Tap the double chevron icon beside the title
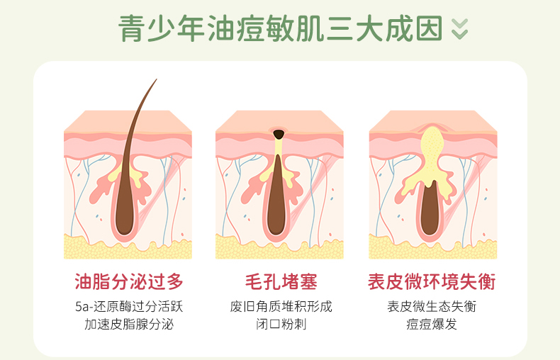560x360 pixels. (x=460, y=28)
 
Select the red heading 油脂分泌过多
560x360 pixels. (x=128, y=281)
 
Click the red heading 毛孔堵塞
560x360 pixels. (x=280, y=281)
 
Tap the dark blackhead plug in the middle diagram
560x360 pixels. (x=279, y=133)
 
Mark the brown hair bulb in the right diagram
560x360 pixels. (x=430, y=213)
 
